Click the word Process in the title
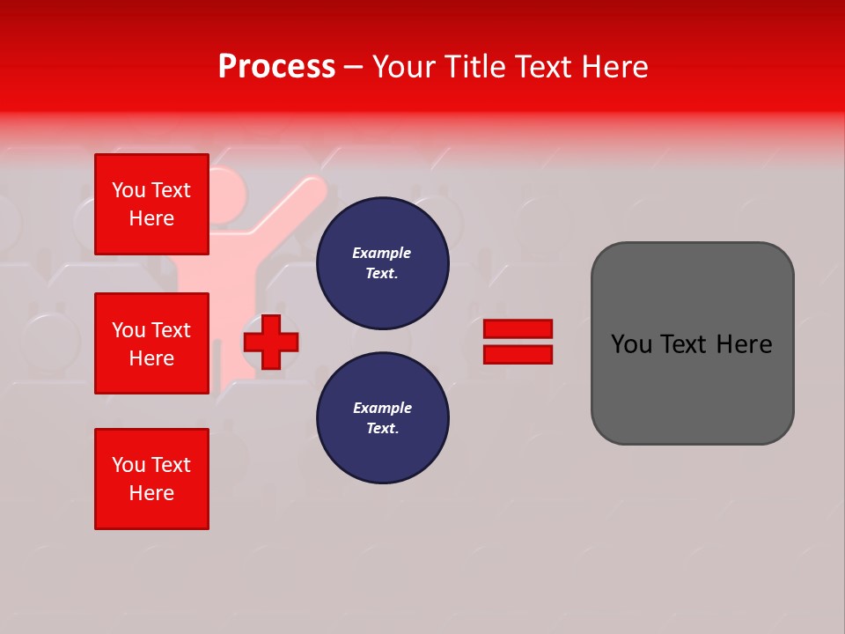[276, 67]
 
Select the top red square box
[151, 204]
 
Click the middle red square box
[151, 343]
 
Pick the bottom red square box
[151, 479]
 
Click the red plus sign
[271, 342]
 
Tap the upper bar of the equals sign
[518, 328]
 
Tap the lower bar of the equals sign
[518, 354]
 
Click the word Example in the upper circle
[381, 253]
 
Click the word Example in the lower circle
[382, 408]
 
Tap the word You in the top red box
[128, 190]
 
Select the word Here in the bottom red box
[151, 493]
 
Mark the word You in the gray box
[631, 344]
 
